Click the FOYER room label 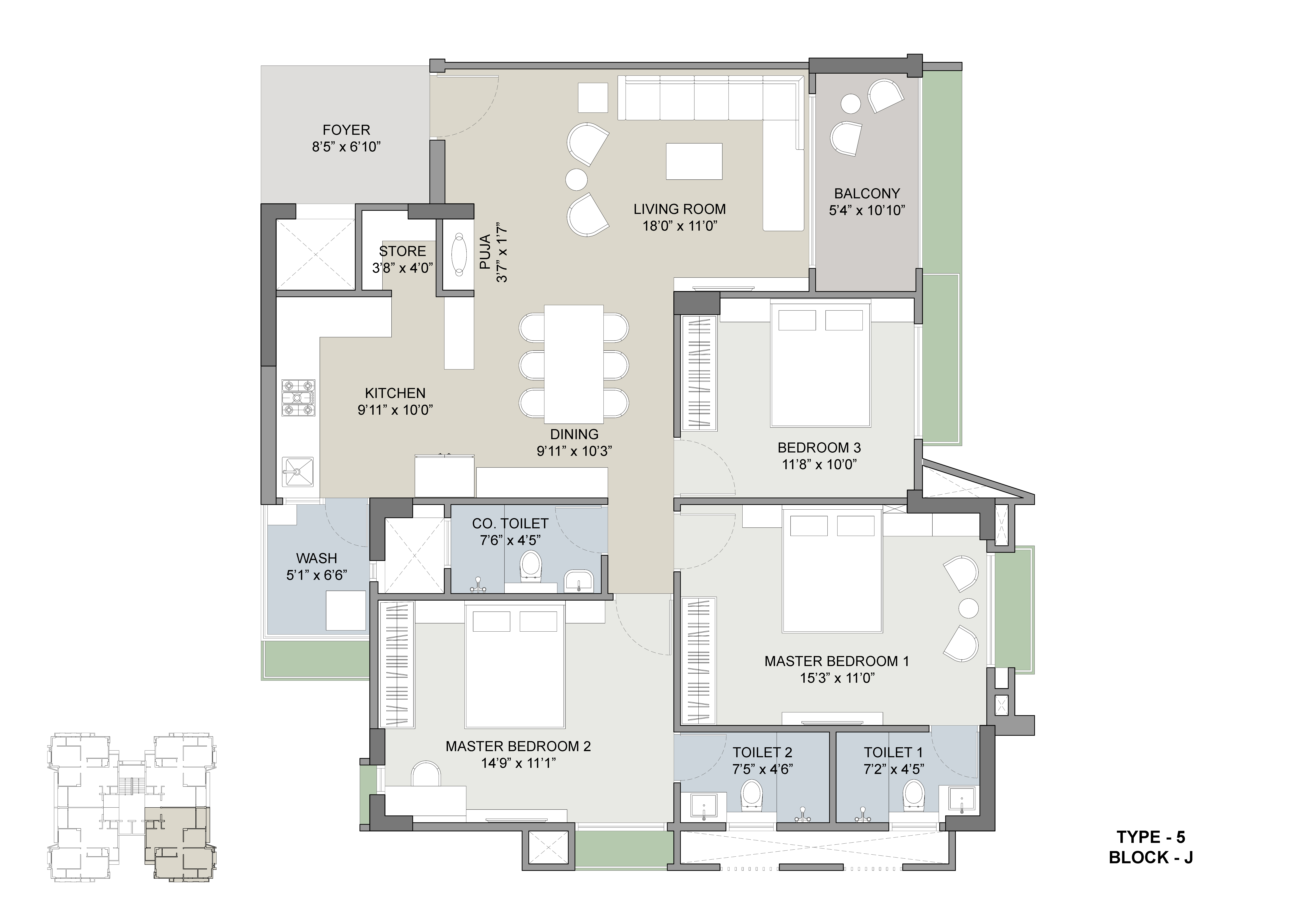click(346, 130)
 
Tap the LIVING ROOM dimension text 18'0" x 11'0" click(680, 226)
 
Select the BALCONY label click(867, 194)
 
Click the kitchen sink click(298, 471)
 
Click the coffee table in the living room click(694, 161)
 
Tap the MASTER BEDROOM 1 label click(836, 661)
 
